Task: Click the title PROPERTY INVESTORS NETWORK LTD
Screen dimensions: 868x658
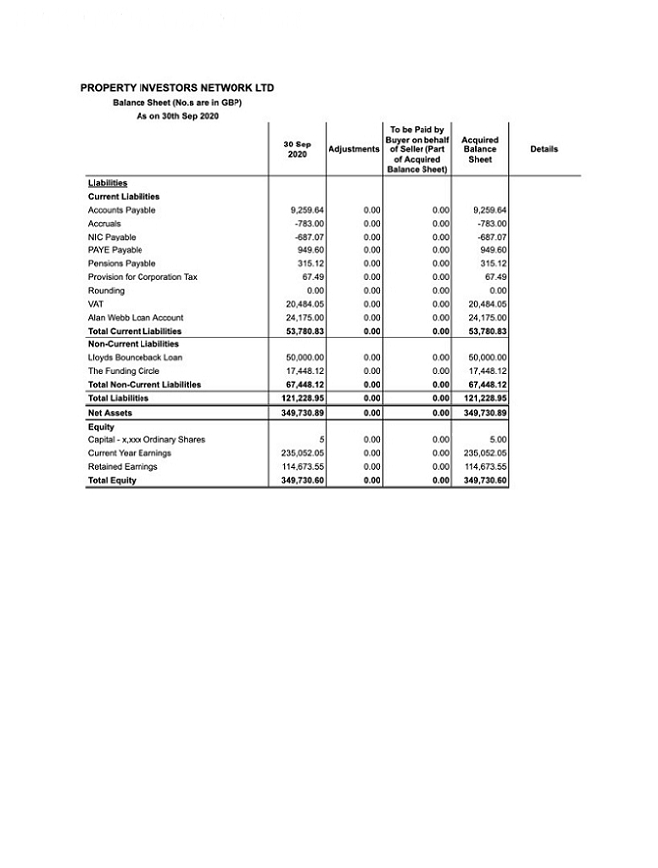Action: pyautogui.click(x=177, y=89)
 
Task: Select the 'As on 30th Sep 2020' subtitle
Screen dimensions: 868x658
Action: pyautogui.click(x=177, y=116)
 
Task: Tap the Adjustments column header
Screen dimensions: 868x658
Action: pyautogui.click(x=353, y=149)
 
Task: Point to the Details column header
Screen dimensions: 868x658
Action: pyautogui.click(x=544, y=149)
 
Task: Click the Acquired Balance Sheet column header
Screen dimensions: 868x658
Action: pyautogui.click(x=480, y=149)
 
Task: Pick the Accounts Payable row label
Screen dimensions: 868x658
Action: pyautogui.click(x=122, y=210)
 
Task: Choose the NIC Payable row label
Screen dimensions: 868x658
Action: pyautogui.click(x=112, y=237)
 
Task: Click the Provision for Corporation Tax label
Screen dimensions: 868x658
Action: pyautogui.click(x=142, y=277)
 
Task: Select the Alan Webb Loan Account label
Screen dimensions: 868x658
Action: pyautogui.click(x=136, y=317)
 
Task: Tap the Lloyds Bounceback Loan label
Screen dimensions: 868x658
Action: pyautogui.click(x=136, y=357)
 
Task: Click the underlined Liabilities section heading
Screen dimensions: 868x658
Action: pyautogui.click(x=108, y=183)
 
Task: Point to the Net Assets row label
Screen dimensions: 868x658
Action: pyautogui.click(x=110, y=412)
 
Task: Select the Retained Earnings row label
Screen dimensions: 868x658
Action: pyautogui.click(x=124, y=466)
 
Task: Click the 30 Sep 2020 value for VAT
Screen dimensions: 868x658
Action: pyautogui.click(x=305, y=304)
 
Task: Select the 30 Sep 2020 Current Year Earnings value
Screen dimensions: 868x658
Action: pyautogui.click(x=305, y=453)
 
